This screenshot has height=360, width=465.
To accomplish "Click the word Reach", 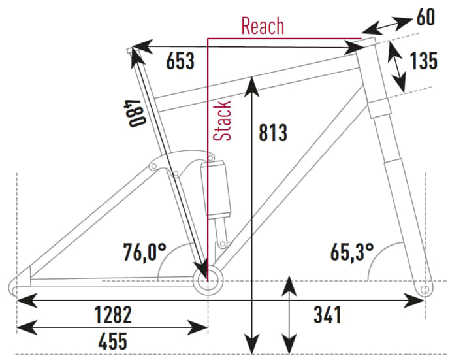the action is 263,26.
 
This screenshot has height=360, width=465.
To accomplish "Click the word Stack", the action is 222,121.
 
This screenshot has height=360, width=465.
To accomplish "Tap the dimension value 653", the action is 180,61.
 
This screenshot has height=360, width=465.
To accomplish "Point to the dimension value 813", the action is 273,133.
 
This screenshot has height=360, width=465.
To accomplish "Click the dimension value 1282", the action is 113,315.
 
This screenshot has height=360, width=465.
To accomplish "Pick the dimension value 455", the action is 113,341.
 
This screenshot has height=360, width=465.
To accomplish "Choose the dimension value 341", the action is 327,315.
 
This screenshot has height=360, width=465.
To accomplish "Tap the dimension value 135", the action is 423,61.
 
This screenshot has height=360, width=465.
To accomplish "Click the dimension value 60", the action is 426,17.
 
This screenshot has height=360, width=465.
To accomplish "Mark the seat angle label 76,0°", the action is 145,253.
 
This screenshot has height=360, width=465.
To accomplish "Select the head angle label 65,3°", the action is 352,253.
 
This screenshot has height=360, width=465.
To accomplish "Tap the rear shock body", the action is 216,188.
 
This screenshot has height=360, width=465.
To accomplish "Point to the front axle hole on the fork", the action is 425,289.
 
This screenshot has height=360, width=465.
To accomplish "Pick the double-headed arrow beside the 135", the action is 396,67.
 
